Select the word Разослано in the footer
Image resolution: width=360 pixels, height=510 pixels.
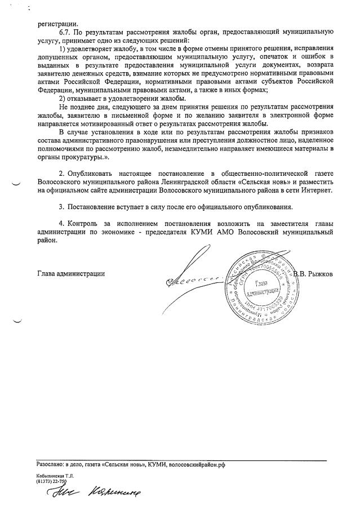point(50,464)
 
